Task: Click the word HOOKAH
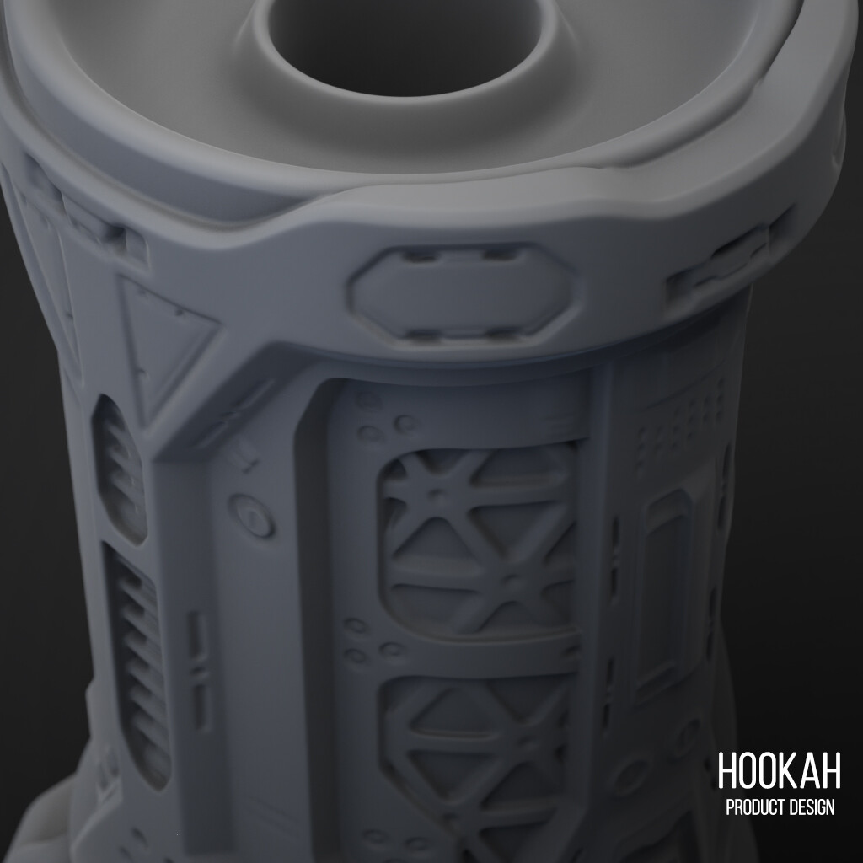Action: pos(779,771)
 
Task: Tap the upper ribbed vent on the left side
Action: pos(120,464)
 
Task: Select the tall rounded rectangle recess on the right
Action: pos(666,582)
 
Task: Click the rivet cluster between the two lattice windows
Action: pos(371,641)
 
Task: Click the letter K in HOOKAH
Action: pos(791,771)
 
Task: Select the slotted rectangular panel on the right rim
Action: pos(716,265)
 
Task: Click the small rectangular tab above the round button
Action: pos(246,460)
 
